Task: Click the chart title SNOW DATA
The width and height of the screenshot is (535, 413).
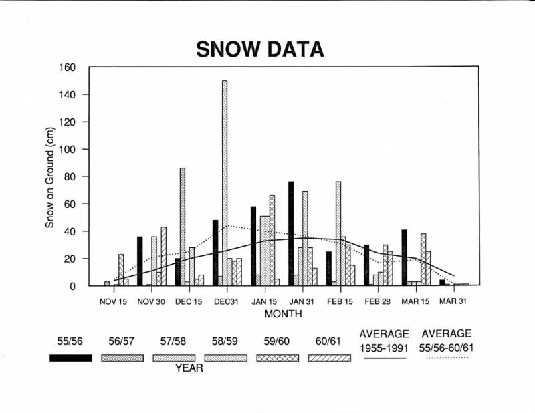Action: [x=259, y=49]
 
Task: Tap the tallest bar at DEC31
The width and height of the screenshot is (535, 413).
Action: [x=225, y=183]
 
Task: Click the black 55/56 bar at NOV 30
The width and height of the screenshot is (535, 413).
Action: [x=140, y=261]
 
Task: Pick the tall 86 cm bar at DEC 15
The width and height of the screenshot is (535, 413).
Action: [x=183, y=227]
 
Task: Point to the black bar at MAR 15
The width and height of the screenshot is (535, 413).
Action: [x=405, y=258]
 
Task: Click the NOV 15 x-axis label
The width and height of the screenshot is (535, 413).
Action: [x=113, y=301]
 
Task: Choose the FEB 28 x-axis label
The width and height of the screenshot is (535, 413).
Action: [x=377, y=301]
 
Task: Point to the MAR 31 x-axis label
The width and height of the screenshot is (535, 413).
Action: [x=453, y=301]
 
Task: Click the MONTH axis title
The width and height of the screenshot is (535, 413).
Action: [x=283, y=313]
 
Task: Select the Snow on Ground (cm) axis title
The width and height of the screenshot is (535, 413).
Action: [x=50, y=178]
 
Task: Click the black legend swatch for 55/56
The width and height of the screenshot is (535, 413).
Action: [x=70, y=358]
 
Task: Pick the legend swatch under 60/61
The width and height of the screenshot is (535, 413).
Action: [x=329, y=358]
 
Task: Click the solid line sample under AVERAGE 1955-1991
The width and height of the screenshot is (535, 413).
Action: [x=384, y=358]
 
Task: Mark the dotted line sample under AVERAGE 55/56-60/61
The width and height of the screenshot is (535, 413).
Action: [x=446, y=358]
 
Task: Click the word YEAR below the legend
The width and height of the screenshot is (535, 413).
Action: [x=190, y=368]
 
